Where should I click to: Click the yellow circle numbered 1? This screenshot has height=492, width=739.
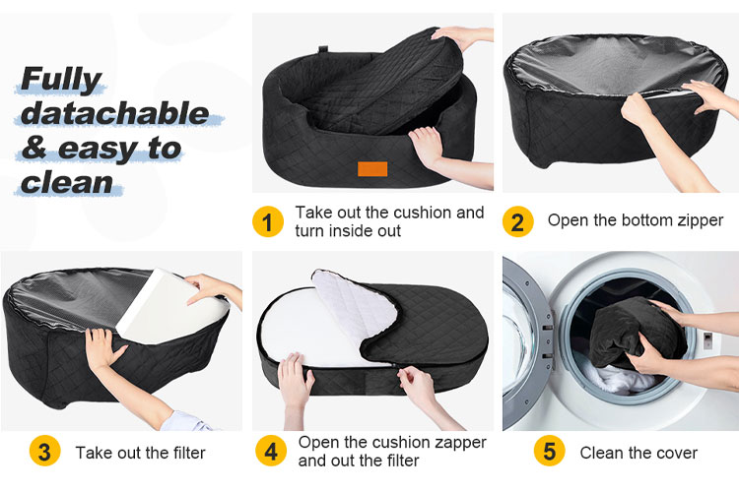(268, 221)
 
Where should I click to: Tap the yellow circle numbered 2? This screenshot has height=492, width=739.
(517, 221)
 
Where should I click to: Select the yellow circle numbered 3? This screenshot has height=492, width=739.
(44, 451)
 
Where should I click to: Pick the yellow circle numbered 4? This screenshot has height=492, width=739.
(271, 451)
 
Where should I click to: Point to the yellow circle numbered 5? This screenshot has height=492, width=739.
(549, 451)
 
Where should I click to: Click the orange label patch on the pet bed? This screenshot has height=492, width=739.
(372, 168)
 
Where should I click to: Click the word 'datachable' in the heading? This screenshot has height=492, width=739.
(114, 113)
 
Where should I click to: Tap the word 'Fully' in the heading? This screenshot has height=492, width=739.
(61, 79)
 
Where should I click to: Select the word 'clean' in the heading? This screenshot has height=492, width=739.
(67, 183)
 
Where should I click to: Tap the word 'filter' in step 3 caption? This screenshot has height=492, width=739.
(189, 453)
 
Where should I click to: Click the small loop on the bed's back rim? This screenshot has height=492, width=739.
(323, 49)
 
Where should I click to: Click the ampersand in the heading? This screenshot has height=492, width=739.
(34, 148)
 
